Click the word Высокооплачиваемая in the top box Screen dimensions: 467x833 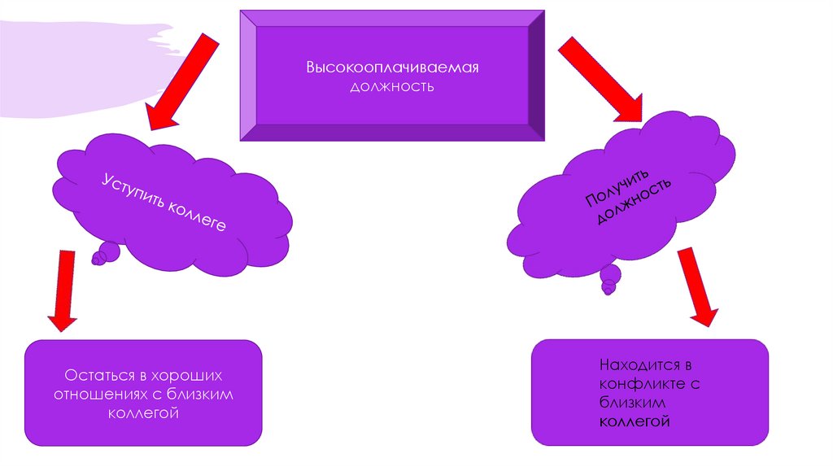click(x=392, y=68)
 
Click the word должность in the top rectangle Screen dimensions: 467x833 click(x=392, y=85)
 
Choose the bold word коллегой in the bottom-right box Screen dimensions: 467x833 click(x=635, y=421)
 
